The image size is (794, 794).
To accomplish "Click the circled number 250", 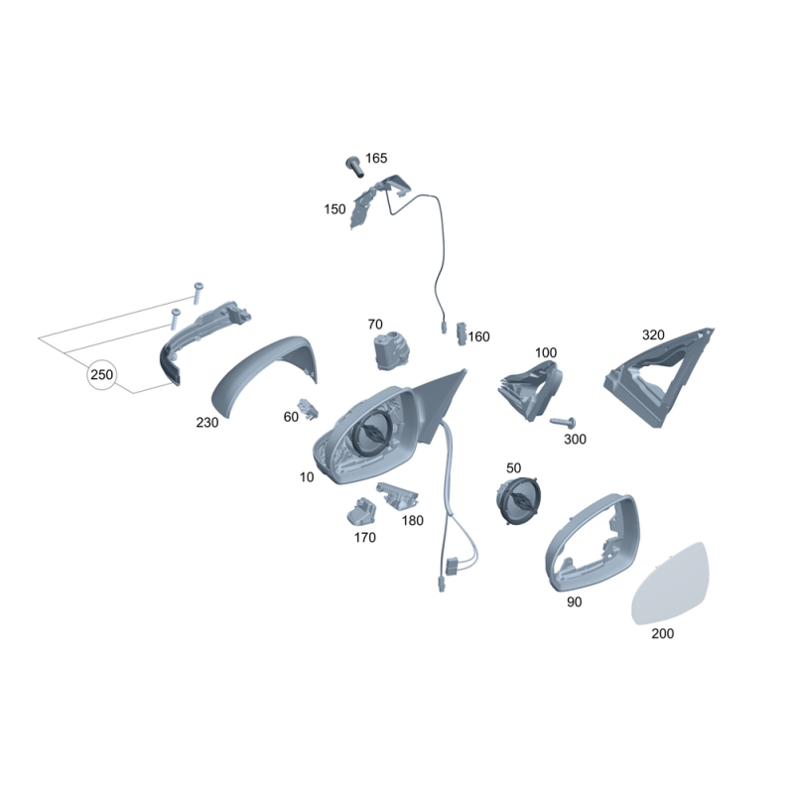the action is coord(102,375).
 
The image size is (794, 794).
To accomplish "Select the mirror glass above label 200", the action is coord(671,584).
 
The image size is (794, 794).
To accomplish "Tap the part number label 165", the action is coord(376,159).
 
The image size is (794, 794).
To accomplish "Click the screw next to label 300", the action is coord(563,421).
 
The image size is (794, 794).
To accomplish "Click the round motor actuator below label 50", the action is coord(518,500).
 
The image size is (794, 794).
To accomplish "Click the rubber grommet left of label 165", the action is coord(354,166).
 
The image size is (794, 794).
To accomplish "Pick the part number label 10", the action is coord(307,477).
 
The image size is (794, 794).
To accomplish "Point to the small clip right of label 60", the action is coord(309,409).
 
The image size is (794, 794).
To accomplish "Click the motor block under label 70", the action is coord(391,350).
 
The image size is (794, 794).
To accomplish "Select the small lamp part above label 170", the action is coord(361,511).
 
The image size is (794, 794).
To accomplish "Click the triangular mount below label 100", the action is coord(530,390).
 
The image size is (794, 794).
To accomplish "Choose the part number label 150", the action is coord(334,209).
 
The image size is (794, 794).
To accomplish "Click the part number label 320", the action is coord(653,334).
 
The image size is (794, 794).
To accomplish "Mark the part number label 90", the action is coord(574,601).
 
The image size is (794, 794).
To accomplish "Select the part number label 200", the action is coord(662,633).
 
